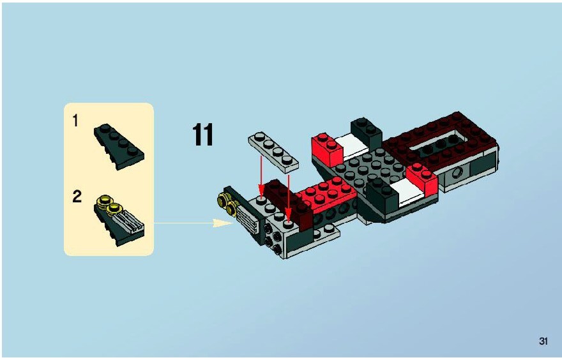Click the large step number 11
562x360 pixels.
(x=203, y=135)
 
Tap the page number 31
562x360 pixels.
(x=543, y=341)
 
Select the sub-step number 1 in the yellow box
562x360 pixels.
(x=75, y=121)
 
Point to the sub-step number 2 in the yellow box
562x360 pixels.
(x=77, y=197)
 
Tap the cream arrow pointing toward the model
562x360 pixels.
(x=194, y=223)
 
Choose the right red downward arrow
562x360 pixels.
(x=289, y=197)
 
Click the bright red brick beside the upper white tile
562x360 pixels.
(x=328, y=150)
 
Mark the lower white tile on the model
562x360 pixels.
(x=407, y=191)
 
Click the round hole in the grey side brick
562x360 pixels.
(x=457, y=174)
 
